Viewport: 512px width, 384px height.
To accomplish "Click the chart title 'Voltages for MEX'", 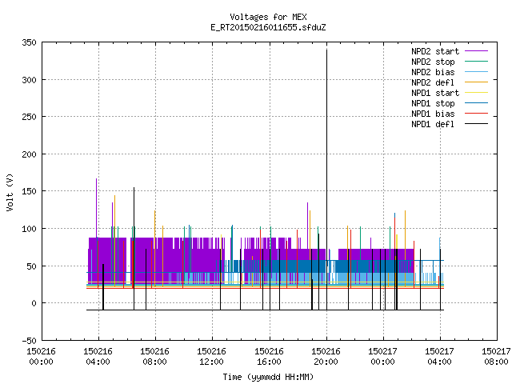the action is click(268, 17).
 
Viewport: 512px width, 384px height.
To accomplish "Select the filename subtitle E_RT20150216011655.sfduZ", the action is click(268, 27).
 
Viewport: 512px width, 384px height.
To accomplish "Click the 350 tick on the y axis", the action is click(29, 42).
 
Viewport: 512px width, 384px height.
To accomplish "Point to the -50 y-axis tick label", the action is click(29, 341).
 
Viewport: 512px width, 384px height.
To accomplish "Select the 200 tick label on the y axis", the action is click(29, 154).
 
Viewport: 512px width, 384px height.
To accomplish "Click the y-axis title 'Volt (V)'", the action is click(10, 192).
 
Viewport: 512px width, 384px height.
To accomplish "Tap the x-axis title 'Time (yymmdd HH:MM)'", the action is click(268, 377).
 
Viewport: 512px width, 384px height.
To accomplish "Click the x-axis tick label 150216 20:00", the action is click(326, 357).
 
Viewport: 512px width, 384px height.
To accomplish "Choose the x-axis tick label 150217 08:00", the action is click(496, 357).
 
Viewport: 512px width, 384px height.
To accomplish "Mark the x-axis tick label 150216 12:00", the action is click(211, 357).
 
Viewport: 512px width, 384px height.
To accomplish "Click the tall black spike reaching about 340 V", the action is click(326, 179).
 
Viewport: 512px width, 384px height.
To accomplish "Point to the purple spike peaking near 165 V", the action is click(96, 208).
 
